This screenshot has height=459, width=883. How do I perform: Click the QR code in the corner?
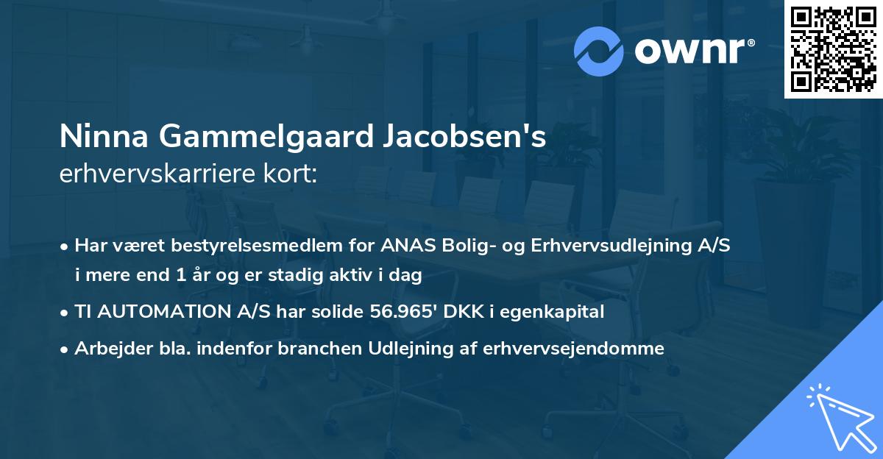tap(833, 49)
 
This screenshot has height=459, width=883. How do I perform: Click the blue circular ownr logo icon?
tap(598, 51)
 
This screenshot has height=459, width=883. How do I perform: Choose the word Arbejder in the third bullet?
tap(109, 348)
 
